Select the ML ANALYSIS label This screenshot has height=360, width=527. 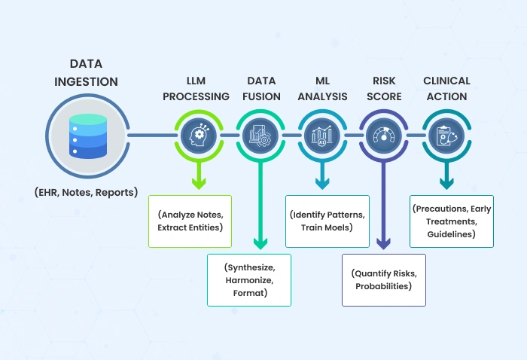(321, 88)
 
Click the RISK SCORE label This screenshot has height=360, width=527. (383, 88)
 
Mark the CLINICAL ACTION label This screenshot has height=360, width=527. (446, 88)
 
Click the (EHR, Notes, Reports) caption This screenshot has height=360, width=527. (85, 192)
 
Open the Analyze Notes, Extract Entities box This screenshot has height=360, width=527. (190, 220)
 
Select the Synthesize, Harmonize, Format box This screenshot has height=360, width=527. (248, 279)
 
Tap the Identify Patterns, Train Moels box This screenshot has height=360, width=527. (327, 220)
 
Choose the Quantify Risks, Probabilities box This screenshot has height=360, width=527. (383, 279)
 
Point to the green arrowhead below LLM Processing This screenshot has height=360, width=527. (199, 183)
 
